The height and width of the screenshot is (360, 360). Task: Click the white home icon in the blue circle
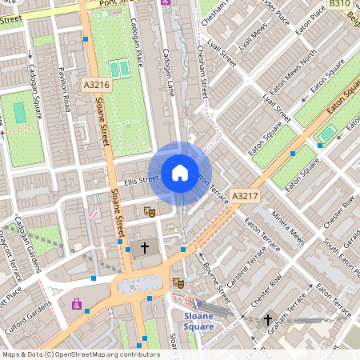pos(180,172)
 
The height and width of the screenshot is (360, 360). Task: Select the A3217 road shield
pos(244,195)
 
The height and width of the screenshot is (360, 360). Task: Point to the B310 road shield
pos(340,4)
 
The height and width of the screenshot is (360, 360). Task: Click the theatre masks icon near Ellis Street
pos(147,210)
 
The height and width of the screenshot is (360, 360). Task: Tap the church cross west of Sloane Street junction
pos(145,249)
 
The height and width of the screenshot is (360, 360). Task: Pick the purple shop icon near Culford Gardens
pos(77,304)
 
